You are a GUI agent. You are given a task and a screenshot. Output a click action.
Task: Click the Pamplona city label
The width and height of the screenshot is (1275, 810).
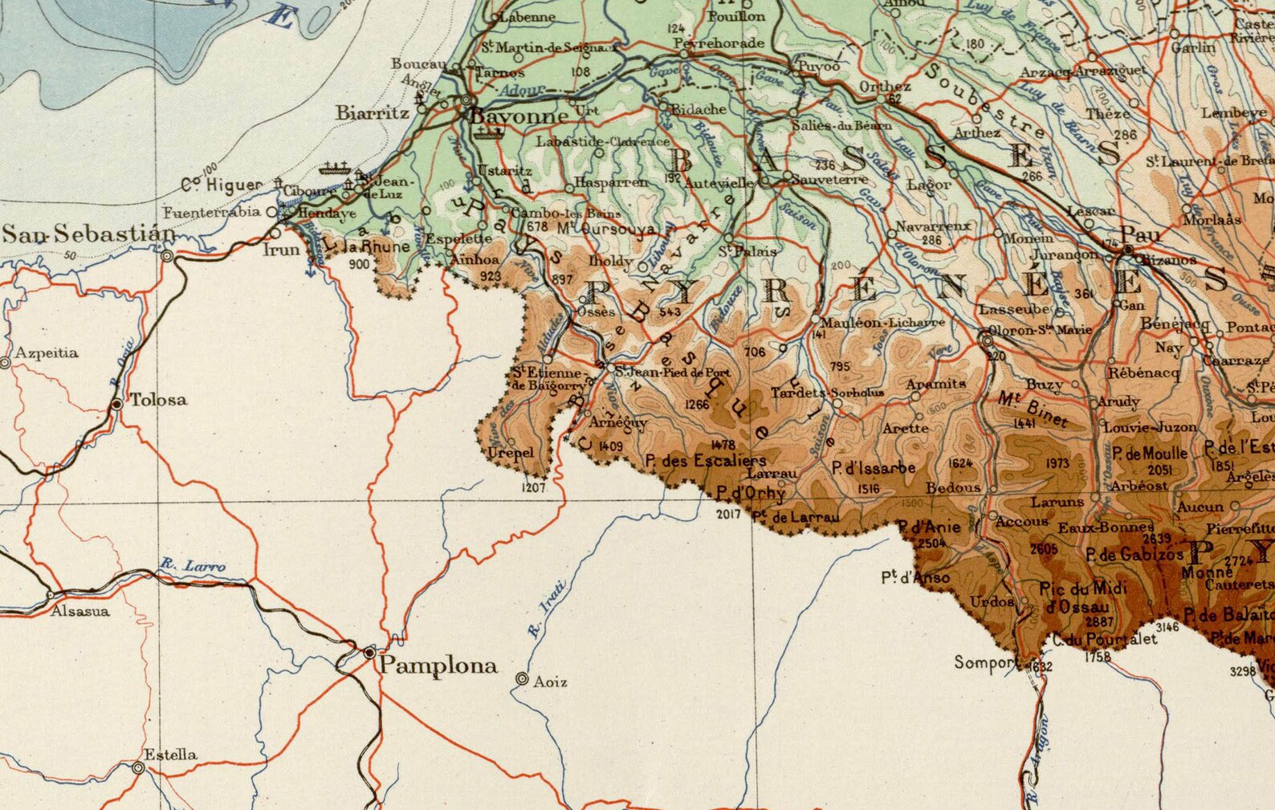point(438,666)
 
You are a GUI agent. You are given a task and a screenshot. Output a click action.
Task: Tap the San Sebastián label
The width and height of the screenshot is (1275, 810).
point(88,234)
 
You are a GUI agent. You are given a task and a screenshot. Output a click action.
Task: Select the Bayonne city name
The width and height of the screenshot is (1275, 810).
point(519,116)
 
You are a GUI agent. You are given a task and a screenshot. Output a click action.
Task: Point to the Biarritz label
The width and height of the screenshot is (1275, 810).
point(373,113)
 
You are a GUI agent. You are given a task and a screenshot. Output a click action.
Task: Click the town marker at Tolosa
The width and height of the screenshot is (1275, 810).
point(117,404)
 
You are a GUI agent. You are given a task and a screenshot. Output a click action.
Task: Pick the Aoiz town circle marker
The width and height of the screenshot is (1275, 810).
point(523,679)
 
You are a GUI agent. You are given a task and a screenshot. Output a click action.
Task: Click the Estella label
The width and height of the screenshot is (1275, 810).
point(170,755)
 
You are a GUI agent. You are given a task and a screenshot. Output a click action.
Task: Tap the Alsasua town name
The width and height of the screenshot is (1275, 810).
point(80,611)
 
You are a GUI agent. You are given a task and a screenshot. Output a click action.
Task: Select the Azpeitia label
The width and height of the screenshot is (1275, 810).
point(47,352)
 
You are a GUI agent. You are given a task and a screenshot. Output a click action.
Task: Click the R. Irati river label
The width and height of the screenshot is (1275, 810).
point(548,608)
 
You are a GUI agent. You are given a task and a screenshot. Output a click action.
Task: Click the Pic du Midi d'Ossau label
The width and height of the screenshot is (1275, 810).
point(1082,597)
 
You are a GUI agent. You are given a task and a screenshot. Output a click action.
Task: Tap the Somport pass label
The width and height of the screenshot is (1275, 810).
point(984,662)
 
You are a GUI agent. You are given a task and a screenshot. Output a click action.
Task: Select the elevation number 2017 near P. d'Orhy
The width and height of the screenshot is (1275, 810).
point(728,514)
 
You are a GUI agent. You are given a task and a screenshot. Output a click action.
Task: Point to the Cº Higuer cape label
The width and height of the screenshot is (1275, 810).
point(221,185)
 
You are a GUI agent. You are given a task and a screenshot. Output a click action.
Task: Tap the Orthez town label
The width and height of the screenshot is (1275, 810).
point(885,86)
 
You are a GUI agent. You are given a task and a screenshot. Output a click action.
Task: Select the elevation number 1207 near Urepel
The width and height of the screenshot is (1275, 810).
point(534,487)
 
